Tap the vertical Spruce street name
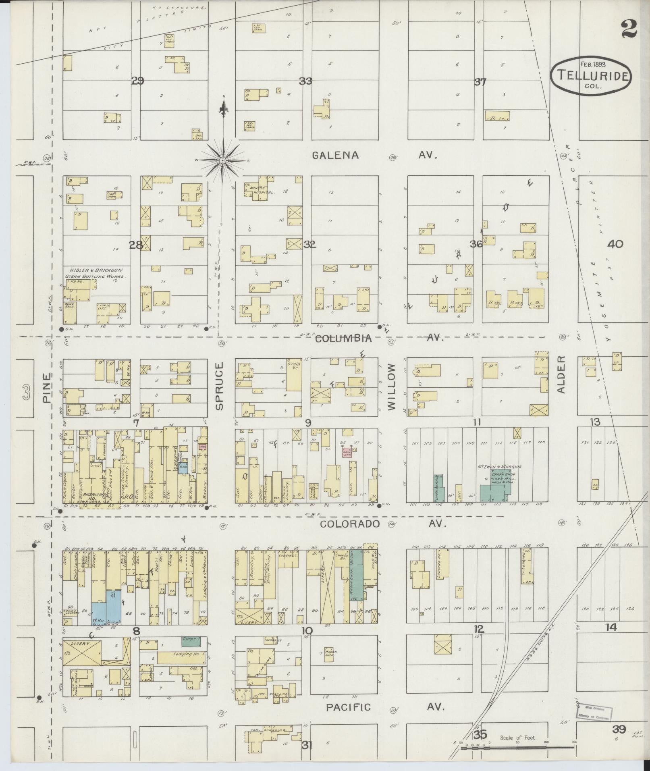tap(219, 386)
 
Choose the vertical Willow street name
tap(392, 387)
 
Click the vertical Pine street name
tap(48, 388)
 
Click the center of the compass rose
tap(222, 160)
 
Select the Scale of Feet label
tap(518, 738)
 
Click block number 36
tap(476, 244)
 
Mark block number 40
tap(616, 244)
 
